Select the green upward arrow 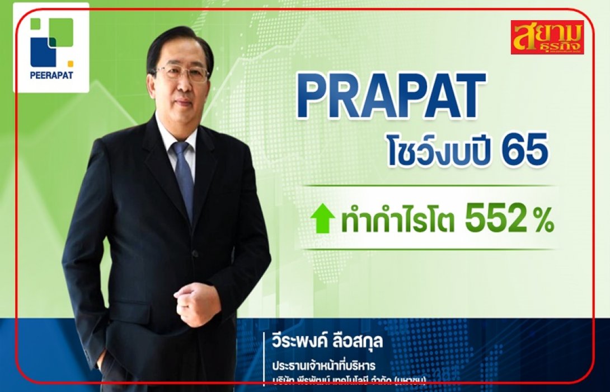click(x=323, y=220)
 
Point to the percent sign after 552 click(x=542, y=222)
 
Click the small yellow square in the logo click(x=69, y=63)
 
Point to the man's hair click(x=179, y=42)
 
